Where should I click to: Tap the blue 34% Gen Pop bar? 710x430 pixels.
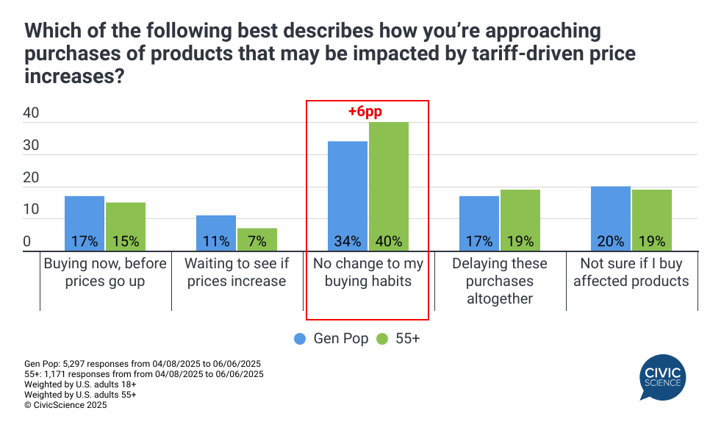pos(347,196)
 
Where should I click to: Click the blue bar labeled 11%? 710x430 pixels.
pos(216,233)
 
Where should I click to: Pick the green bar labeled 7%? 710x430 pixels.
pos(257,240)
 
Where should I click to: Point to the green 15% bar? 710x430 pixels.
pos(125,226)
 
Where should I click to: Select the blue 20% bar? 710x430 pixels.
pos(611,218)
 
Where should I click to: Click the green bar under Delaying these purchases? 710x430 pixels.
pos(520,221)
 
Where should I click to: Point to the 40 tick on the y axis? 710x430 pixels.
pos(31,114)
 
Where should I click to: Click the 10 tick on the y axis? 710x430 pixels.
pos(31,210)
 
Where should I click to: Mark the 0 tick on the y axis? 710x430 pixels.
pos(26,242)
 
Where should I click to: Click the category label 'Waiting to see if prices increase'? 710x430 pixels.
pos(236,272)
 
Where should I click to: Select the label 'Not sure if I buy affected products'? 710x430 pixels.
pos(631,272)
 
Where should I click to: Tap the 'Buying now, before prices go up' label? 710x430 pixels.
pos(105,272)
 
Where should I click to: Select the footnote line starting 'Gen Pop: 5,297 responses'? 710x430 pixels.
pos(143,364)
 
